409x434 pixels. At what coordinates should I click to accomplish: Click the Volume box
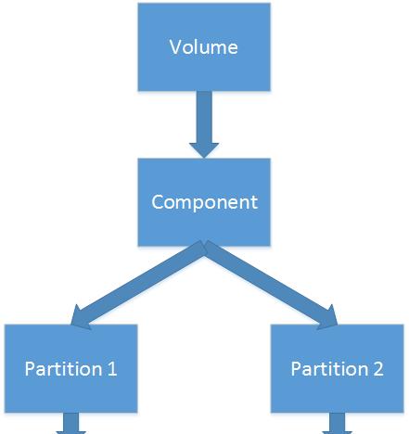204,47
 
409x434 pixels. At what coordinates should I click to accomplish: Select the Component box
204,202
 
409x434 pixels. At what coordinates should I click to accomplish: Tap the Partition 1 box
71,368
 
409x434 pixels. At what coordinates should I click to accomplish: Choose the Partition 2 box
338,368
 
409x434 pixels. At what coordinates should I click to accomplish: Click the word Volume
204,47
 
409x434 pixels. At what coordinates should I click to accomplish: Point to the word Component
204,203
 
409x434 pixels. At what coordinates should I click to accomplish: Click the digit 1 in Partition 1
112,368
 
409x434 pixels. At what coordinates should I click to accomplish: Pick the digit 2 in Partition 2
378,368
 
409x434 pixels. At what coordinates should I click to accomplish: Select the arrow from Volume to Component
204,124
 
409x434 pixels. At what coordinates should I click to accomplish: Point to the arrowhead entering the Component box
204,150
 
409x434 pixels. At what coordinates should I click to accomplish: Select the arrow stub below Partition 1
71,423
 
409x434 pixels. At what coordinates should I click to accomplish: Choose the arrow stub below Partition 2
338,423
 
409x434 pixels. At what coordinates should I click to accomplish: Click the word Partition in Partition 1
64,368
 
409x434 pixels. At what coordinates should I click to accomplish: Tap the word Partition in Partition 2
330,368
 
